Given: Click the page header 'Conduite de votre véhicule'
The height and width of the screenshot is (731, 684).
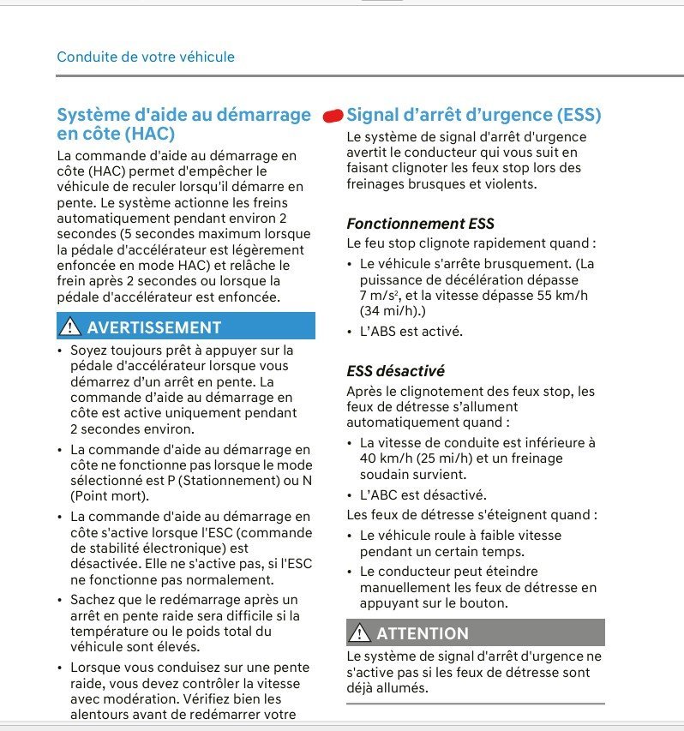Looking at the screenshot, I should point(146,57).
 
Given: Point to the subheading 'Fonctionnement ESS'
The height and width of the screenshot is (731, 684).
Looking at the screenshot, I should point(420,224).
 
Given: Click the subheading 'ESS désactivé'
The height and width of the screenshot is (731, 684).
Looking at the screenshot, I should point(395,371).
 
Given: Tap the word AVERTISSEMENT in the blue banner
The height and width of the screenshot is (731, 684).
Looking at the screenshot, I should point(153,327).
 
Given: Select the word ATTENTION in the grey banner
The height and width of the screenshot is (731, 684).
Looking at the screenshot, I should point(423,633).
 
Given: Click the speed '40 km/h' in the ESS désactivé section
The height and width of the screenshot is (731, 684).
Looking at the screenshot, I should point(384,458).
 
